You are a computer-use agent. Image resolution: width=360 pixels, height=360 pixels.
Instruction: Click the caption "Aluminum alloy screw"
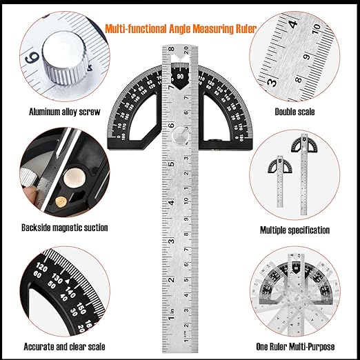tap(65, 111)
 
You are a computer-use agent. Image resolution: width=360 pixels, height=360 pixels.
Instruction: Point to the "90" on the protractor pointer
tap(180, 77)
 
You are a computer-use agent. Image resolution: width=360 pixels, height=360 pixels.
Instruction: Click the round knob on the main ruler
tap(179, 135)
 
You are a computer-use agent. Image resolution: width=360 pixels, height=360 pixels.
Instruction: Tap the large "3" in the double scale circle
tap(273, 82)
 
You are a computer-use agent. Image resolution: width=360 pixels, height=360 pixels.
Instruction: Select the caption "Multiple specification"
tap(294, 230)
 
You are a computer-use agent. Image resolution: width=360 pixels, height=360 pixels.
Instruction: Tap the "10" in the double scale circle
tap(316, 28)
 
